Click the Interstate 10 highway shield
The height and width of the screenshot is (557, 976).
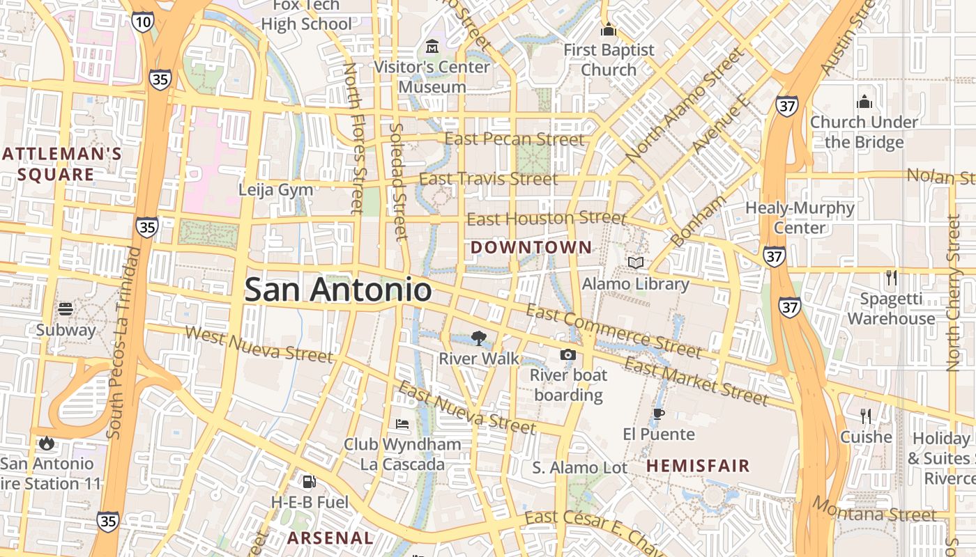pyautogui.click(x=142, y=22)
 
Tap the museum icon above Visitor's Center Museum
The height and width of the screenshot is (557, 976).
pyautogui.click(x=432, y=47)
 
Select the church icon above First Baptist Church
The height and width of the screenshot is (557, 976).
pyautogui.click(x=609, y=30)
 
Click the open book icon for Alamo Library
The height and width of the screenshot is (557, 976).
pyautogui.click(x=635, y=262)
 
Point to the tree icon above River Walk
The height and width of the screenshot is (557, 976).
pyautogui.click(x=478, y=338)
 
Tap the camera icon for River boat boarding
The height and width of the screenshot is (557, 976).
pyautogui.click(x=568, y=355)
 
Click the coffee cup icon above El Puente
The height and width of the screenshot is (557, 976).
pyautogui.click(x=658, y=414)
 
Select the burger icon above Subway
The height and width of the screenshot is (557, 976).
pyautogui.click(x=66, y=308)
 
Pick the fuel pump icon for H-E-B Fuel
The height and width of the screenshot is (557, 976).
pyautogui.click(x=308, y=481)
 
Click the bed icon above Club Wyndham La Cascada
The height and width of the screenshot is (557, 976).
pyautogui.click(x=402, y=423)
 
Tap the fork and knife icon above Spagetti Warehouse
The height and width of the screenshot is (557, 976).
pyautogui.click(x=891, y=278)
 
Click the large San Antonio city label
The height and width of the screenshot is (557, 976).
pyautogui.click(x=338, y=290)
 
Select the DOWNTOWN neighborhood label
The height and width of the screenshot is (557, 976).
pyautogui.click(x=531, y=247)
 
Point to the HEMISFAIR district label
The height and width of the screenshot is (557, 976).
pyautogui.click(x=698, y=465)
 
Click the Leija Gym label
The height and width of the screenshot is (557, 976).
pyautogui.click(x=276, y=189)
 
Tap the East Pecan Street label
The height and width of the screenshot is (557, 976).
pyautogui.click(x=514, y=139)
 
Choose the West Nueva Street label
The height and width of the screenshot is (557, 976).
pyautogui.click(x=259, y=344)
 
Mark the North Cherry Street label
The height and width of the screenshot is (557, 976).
pyautogui.click(x=953, y=292)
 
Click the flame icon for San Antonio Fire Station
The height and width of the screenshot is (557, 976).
pyautogui.click(x=46, y=443)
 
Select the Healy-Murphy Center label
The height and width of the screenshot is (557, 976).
pyautogui.click(x=800, y=217)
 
